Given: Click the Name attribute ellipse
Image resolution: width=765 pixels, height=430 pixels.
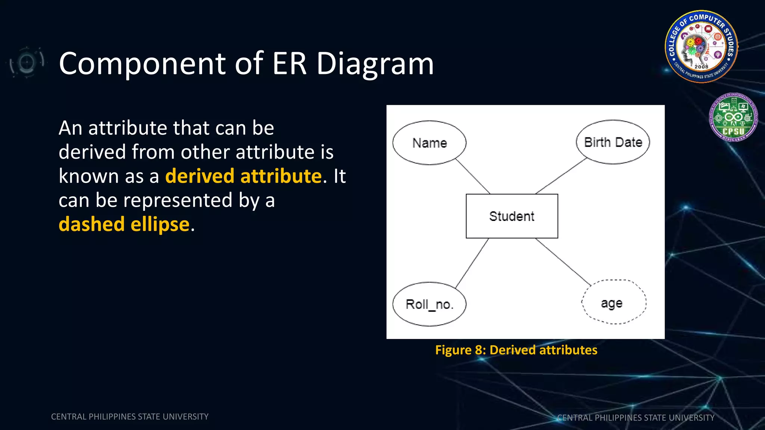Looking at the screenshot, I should tap(429, 143).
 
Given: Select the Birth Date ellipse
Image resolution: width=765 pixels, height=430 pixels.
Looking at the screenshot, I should tap(613, 142).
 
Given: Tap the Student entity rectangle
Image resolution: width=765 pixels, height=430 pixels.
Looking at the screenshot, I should tap(512, 216).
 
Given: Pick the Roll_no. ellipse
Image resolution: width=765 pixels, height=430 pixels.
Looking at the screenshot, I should tap(429, 304).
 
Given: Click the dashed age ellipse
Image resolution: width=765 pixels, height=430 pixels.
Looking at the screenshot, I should tap(614, 302).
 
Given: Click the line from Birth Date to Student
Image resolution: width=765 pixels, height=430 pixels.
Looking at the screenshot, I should tap(561, 176).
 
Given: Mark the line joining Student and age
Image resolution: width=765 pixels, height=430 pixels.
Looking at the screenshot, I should tap(563, 262).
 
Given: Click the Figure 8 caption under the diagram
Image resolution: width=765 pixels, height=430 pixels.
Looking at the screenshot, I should tap(516, 350).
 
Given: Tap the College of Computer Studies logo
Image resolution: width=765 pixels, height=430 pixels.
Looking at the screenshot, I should tap(701, 46).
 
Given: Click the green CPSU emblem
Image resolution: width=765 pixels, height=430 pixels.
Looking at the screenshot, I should tap(733, 117).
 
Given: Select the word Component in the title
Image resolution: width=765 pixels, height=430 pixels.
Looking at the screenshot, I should tap(142, 64).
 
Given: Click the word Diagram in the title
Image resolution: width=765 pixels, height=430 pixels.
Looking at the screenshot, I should tap(375, 64).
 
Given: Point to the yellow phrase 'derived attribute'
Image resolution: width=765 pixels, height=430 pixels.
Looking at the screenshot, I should tap(243, 176).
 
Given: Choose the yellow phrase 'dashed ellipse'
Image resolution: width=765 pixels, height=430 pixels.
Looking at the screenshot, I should tap(124, 224).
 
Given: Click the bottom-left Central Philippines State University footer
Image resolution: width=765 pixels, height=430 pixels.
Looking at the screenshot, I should tap(130, 417).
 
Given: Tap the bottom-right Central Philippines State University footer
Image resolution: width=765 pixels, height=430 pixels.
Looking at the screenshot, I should tap(636, 418).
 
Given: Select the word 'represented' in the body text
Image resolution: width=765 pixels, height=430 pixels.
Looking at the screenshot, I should tap(178, 200).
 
